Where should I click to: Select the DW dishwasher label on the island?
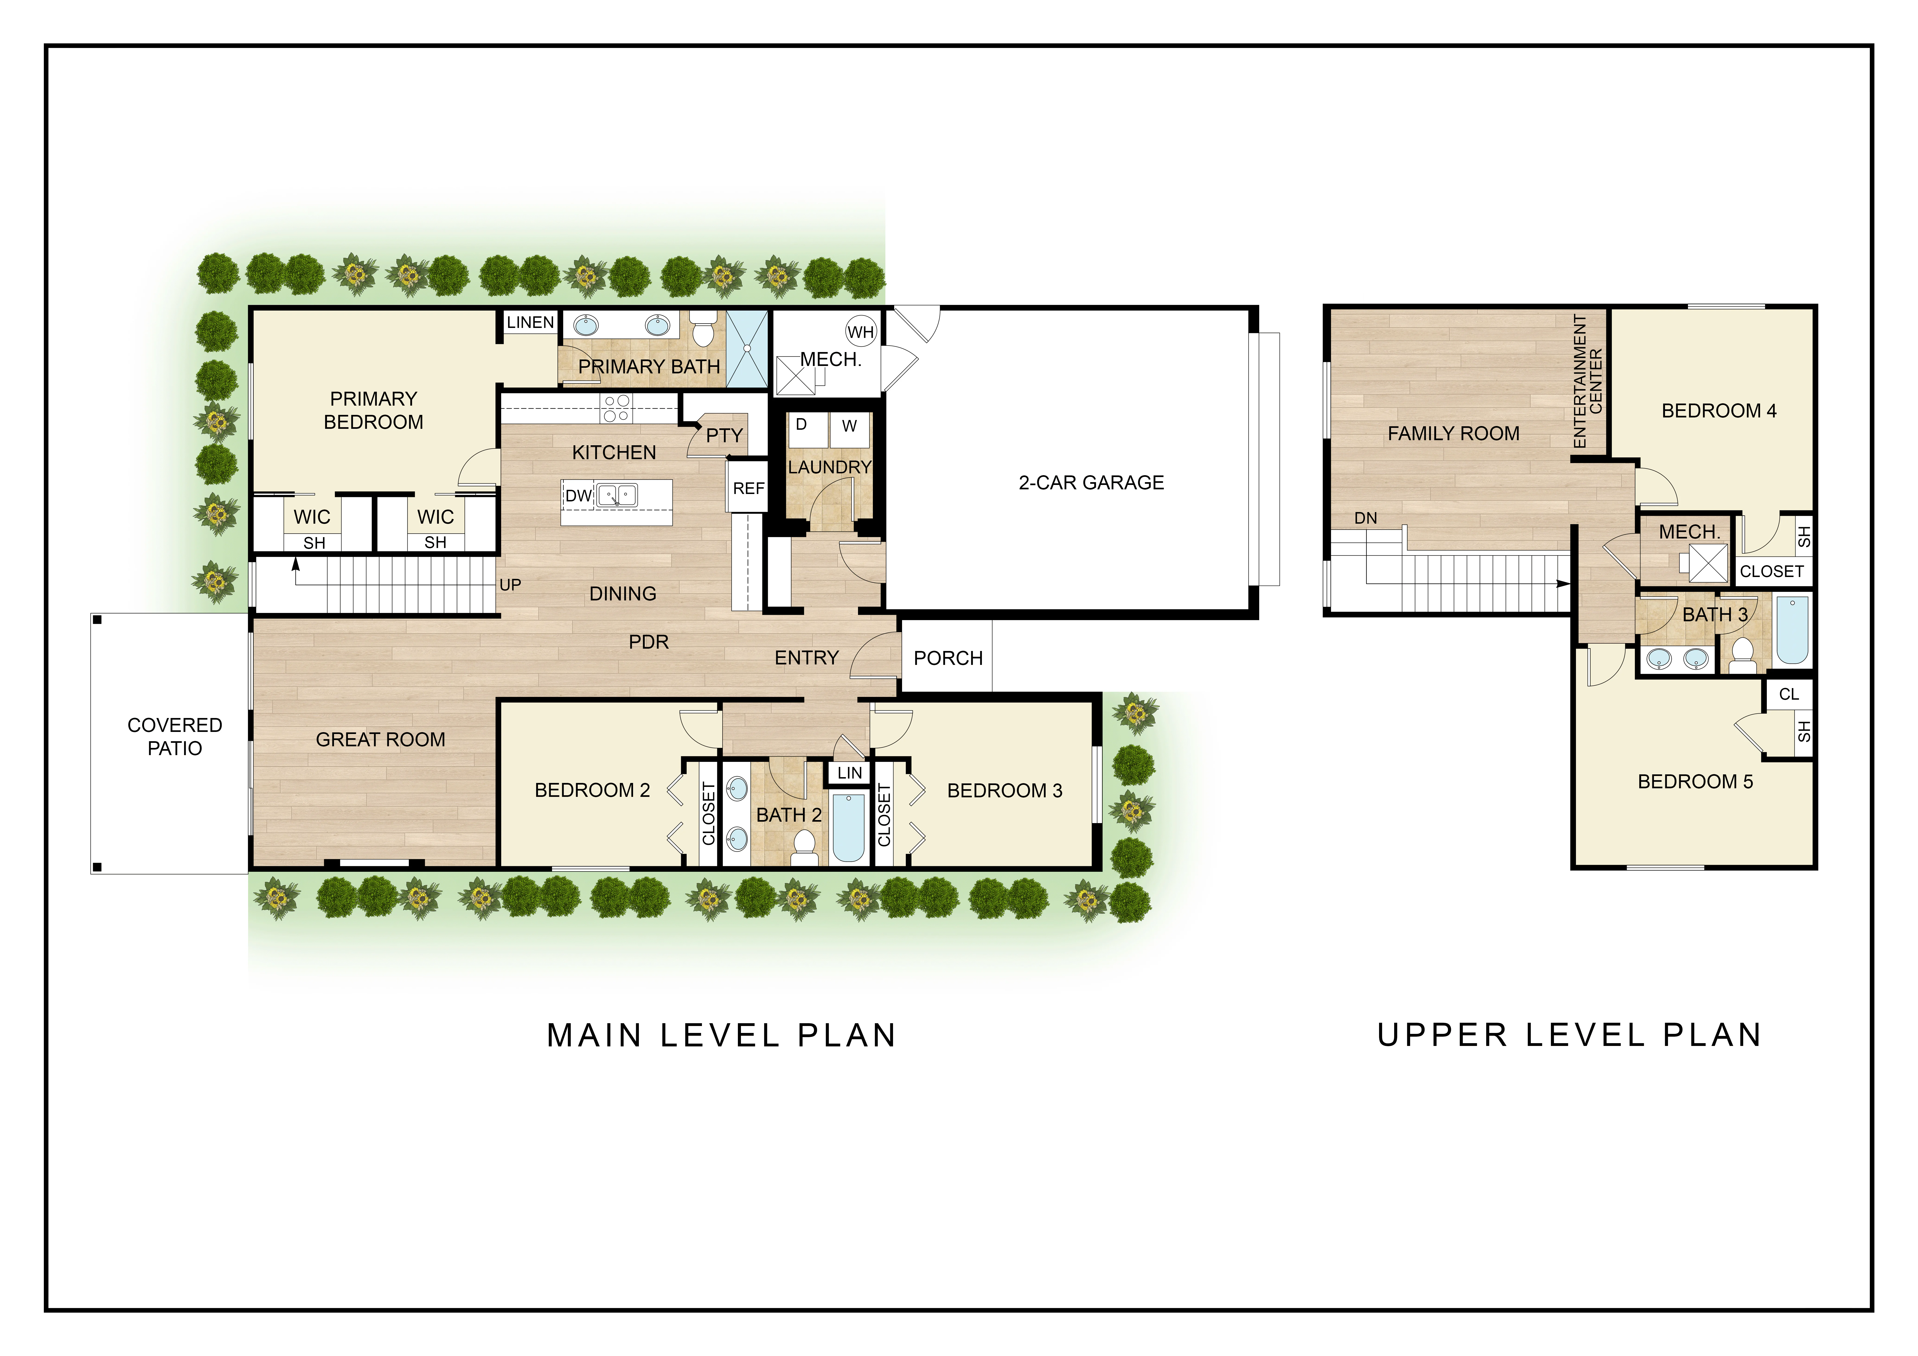(x=578, y=495)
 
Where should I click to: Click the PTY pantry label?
(x=724, y=435)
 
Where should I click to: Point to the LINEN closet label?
(x=530, y=323)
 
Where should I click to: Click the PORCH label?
(x=948, y=658)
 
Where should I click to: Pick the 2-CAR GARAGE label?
(x=1091, y=483)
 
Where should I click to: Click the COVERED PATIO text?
(x=175, y=737)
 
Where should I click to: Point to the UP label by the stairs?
(x=510, y=585)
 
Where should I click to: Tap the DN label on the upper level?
(x=1366, y=518)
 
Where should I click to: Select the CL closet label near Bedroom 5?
(x=1789, y=694)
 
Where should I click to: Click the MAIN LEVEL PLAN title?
(x=722, y=1036)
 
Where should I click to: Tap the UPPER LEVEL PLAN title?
(x=1570, y=1035)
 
